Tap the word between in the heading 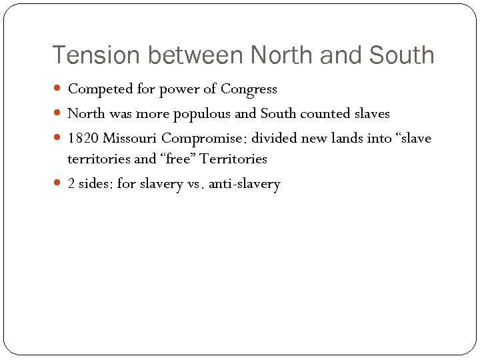199,55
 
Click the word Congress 249,89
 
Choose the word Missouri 131,139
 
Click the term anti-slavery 245,184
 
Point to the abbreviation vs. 194,184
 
